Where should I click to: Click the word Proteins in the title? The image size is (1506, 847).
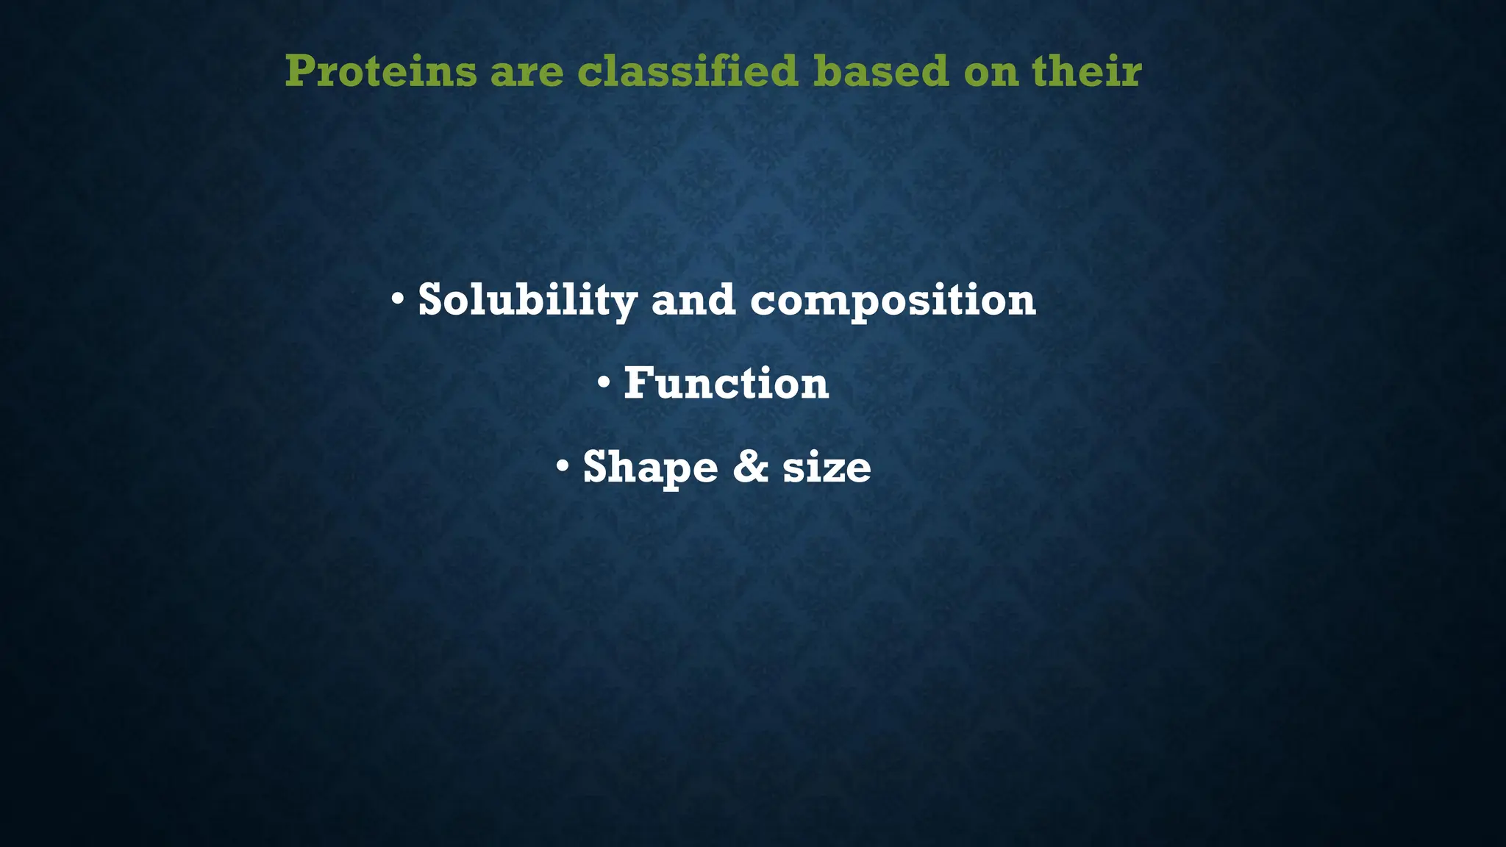(x=381, y=71)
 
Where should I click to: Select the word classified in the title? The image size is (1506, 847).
(x=687, y=71)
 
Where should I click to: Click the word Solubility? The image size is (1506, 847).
(x=527, y=300)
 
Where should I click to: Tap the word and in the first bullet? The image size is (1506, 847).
(x=693, y=300)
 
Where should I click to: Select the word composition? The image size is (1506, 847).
(x=893, y=301)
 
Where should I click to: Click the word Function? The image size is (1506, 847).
(x=726, y=383)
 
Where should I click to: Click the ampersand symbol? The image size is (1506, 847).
(x=750, y=467)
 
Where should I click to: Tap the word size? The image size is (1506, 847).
(x=827, y=468)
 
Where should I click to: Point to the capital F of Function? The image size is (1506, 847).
(x=637, y=383)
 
